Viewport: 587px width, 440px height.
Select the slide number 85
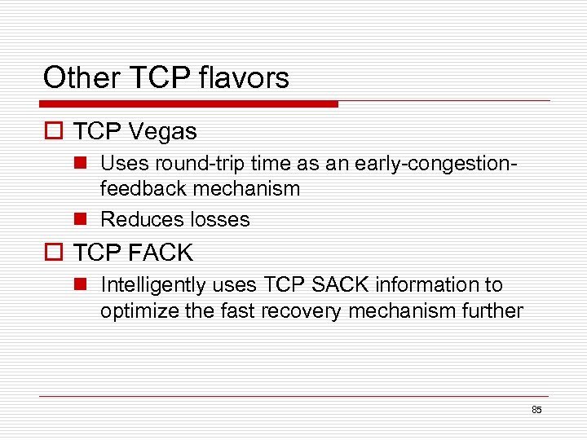[x=536, y=410]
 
